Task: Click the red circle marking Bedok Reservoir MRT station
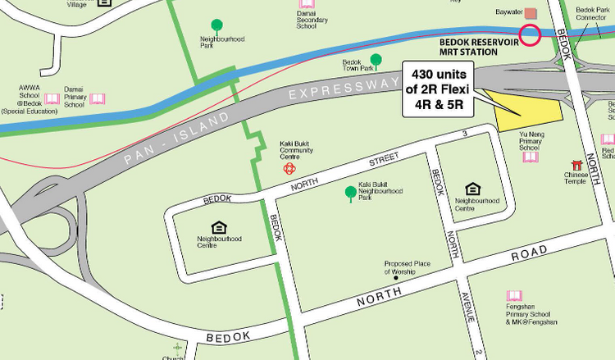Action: (x=530, y=35)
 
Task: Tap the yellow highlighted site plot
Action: (x=526, y=110)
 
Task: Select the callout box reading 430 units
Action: (x=442, y=89)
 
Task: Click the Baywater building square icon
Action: (x=530, y=13)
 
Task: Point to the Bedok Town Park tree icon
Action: (x=376, y=60)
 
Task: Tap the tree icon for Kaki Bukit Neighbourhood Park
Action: (x=351, y=194)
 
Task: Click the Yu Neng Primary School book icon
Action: (x=531, y=157)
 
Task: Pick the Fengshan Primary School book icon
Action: (x=514, y=296)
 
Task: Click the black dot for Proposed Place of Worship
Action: (x=396, y=278)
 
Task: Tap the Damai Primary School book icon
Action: (x=98, y=99)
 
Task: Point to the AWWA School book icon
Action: (x=52, y=99)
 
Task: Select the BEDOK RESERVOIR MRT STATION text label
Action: (x=480, y=45)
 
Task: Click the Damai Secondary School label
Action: (x=306, y=21)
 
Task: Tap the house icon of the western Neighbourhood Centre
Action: (x=219, y=227)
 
